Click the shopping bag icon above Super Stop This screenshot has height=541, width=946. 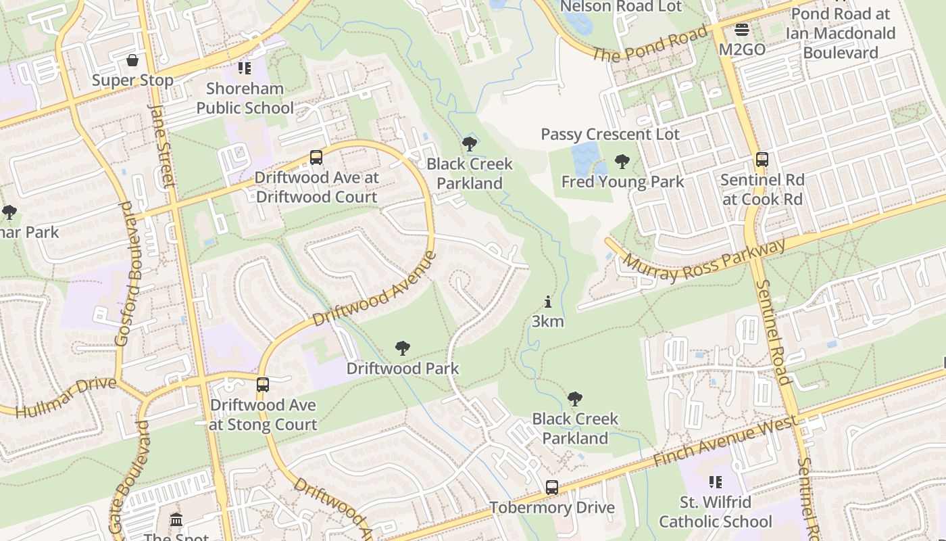click(132, 61)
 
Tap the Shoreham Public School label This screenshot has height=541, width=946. click(245, 98)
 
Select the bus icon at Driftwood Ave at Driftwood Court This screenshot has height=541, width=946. click(316, 158)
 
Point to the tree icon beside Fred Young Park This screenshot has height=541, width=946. click(622, 162)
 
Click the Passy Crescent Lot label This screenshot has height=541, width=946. click(609, 134)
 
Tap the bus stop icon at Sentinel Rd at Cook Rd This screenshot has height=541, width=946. click(762, 160)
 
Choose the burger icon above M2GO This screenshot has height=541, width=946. click(741, 30)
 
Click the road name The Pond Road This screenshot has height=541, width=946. click(649, 43)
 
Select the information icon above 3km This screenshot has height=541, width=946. click(547, 302)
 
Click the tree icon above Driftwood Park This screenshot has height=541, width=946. click(402, 348)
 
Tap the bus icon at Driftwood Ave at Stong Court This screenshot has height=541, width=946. click(262, 385)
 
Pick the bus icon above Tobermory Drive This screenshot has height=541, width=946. click(552, 487)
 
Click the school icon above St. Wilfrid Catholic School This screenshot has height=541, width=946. click(715, 482)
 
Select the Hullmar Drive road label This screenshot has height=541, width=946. click(66, 398)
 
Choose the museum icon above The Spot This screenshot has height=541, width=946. click(176, 519)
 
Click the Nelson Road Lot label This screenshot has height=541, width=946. click(621, 7)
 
